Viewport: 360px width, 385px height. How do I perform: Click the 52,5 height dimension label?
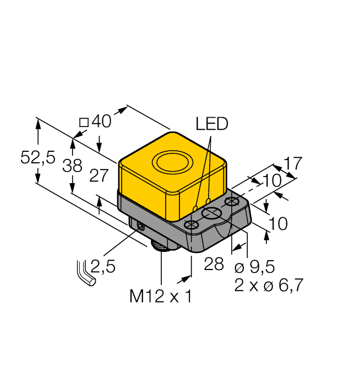pos(37,158)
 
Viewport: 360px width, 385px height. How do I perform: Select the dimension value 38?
pos(72,166)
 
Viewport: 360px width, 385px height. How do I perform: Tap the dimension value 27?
pos(99,176)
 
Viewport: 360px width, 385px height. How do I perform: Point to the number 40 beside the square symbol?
pos(101,122)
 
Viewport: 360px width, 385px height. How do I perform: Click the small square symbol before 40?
pos(84,123)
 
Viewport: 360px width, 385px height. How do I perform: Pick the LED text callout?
pos(212,124)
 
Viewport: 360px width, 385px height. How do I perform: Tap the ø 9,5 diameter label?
pos(254,267)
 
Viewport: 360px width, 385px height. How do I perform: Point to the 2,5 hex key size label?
pos(103,267)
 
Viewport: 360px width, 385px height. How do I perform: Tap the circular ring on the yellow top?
pos(171,163)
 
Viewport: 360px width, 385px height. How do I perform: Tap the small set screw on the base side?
pos(141,226)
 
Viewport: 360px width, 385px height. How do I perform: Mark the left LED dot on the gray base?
pos(195,207)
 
